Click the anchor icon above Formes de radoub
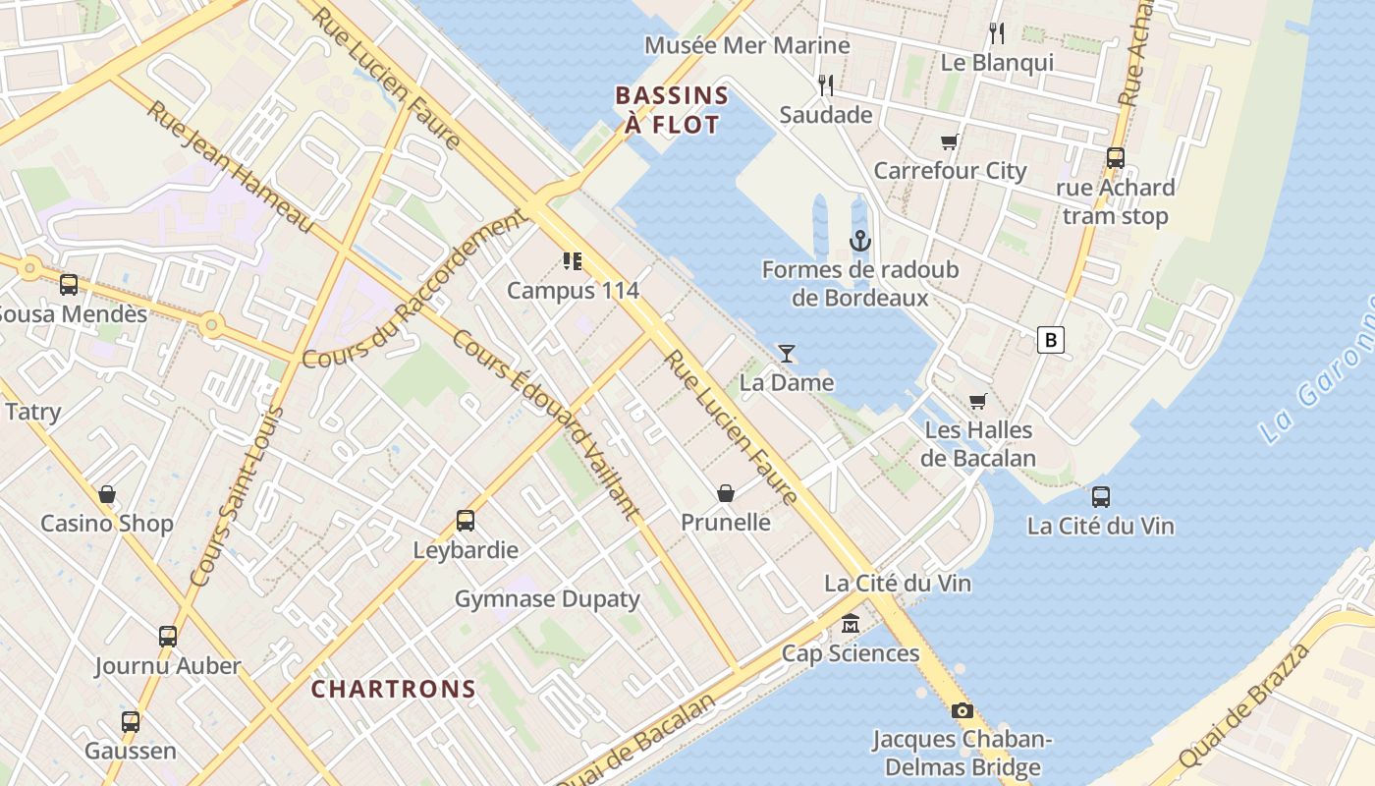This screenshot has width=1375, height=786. click(860, 241)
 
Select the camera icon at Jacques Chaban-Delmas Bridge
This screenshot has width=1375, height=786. click(962, 710)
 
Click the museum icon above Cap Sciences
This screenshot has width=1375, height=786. click(850, 624)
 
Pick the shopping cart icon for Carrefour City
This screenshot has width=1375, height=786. click(950, 141)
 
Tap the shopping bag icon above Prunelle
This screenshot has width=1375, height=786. click(726, 493)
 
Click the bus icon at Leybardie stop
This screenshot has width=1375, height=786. click(466, 521)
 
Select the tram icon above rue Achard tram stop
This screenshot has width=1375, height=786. click(1115, 158)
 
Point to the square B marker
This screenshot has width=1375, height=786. click(1051, 340)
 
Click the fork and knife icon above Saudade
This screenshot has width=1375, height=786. click(826, 85)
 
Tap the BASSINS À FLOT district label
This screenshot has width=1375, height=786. click(672, 110)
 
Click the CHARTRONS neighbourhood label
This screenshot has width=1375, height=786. click(394, 689)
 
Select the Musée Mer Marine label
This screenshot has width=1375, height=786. click(746, 45)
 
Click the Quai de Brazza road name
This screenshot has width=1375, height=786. click(1244, 705)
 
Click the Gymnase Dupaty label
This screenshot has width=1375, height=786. click(547, 598)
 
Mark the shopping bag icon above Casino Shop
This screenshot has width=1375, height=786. click(107, 494)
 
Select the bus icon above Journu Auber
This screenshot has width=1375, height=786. click(168, 637)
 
